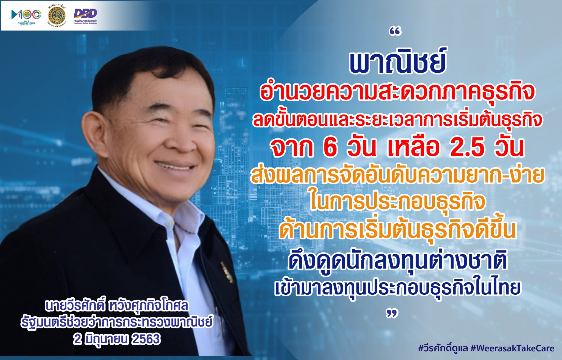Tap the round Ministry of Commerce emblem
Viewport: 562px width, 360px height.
[x=57, y=15]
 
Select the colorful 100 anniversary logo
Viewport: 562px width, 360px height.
[x=26, y=15]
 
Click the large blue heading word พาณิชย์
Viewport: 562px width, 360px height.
[x=397, y=62]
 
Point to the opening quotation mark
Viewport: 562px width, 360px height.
[x=395, y=32]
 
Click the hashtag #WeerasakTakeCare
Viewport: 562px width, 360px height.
[x=512, y=348]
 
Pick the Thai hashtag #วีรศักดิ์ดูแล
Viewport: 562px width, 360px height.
[x=443, y=348]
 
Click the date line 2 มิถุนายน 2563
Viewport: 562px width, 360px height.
[x=117, y=339]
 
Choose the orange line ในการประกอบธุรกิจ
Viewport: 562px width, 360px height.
[x=397, y=202]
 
